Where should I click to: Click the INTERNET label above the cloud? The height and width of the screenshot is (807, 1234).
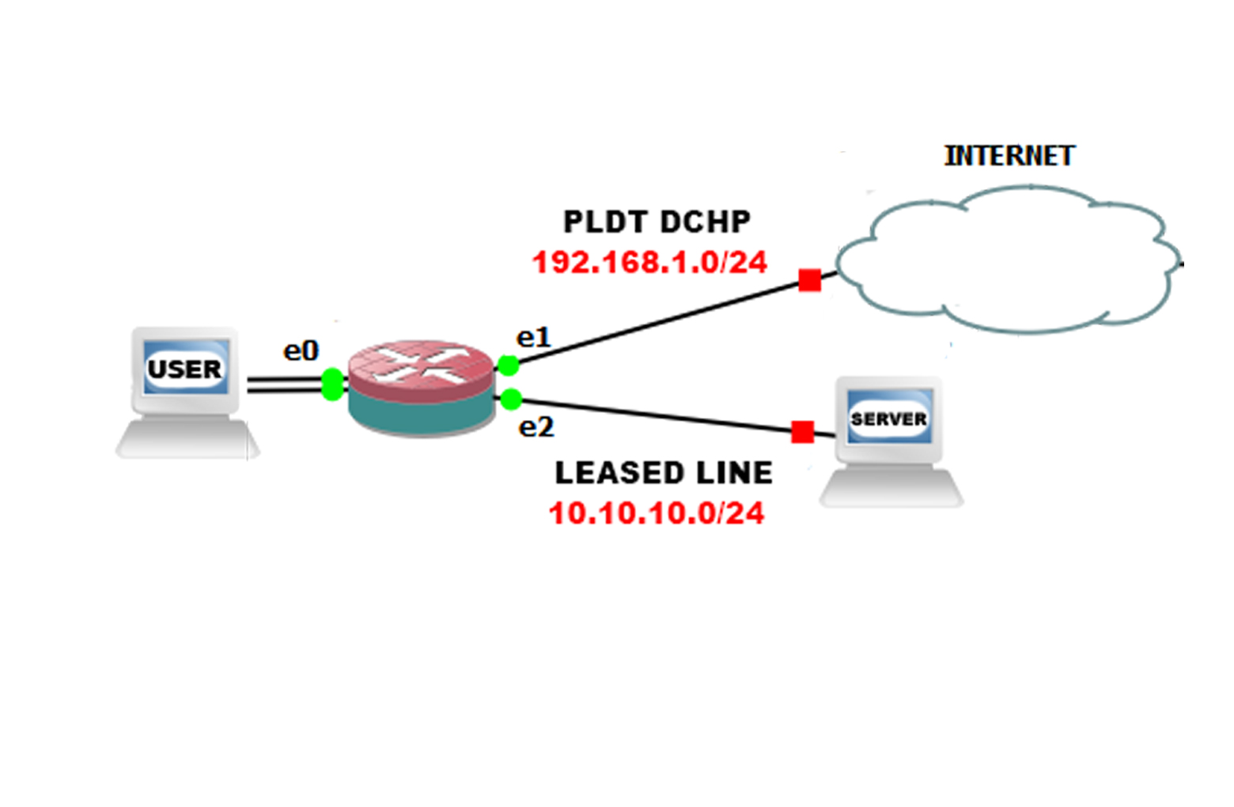(x=1009, y=156)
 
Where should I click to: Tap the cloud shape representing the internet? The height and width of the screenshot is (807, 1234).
(x=1005, y=261)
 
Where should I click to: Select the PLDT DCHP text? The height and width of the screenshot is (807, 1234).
(x=657, y=222)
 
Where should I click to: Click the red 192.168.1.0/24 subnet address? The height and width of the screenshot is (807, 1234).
(x=649, y=263)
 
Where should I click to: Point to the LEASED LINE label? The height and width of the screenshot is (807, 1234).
(x=664, y=473)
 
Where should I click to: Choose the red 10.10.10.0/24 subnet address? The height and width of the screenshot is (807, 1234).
(x=657, y=513)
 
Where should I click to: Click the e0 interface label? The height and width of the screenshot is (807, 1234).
(x=301, y=350)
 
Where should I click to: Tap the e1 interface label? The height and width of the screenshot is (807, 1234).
(x=533, y=338)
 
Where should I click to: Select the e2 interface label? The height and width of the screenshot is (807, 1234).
(x=536, y=427)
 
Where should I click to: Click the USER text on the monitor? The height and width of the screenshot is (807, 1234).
(x=185, y=369)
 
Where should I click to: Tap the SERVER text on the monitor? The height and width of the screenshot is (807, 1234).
(x=888, y=419)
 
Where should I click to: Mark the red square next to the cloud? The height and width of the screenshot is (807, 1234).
(x=809, y=280)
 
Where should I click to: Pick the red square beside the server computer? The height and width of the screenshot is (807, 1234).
(x=802, y=432)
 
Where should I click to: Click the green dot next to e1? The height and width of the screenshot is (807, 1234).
(x=508, y=366)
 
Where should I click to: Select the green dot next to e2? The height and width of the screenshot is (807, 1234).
(x=511, y=400)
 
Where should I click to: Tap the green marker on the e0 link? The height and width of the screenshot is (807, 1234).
(x=333, y=385)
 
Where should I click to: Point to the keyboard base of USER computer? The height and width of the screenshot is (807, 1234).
(x=187, y=440)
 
